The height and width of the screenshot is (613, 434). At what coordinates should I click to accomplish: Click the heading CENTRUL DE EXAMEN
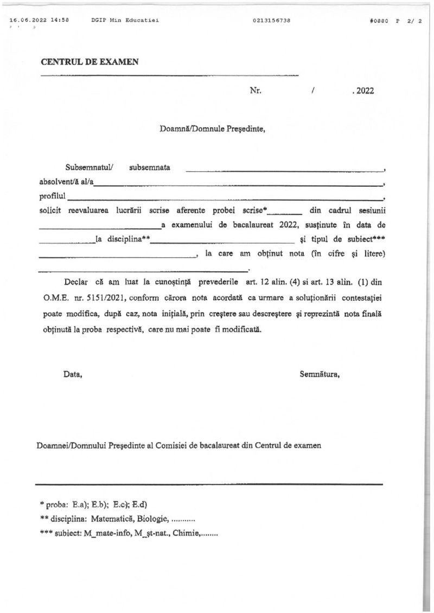[x=90, y=62]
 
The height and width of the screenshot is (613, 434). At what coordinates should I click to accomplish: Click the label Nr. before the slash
[x=256, y=91]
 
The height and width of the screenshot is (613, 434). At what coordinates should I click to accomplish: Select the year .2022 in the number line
[x=362, y=91]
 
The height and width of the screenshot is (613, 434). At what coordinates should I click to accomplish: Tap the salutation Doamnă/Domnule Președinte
[x=212, y=129]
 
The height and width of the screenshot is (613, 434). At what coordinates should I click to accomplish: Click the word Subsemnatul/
[x=86, y=167]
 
